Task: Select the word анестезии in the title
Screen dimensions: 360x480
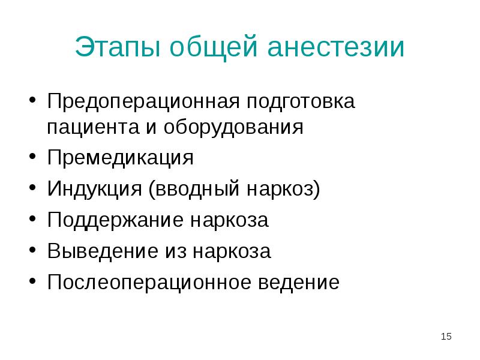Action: click(x=336, y=48)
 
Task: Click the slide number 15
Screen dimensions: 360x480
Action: click(x=445, y=337)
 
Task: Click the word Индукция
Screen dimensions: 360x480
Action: click(x=93, y=190)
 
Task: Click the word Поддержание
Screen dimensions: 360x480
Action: click(x=116, y=220)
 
